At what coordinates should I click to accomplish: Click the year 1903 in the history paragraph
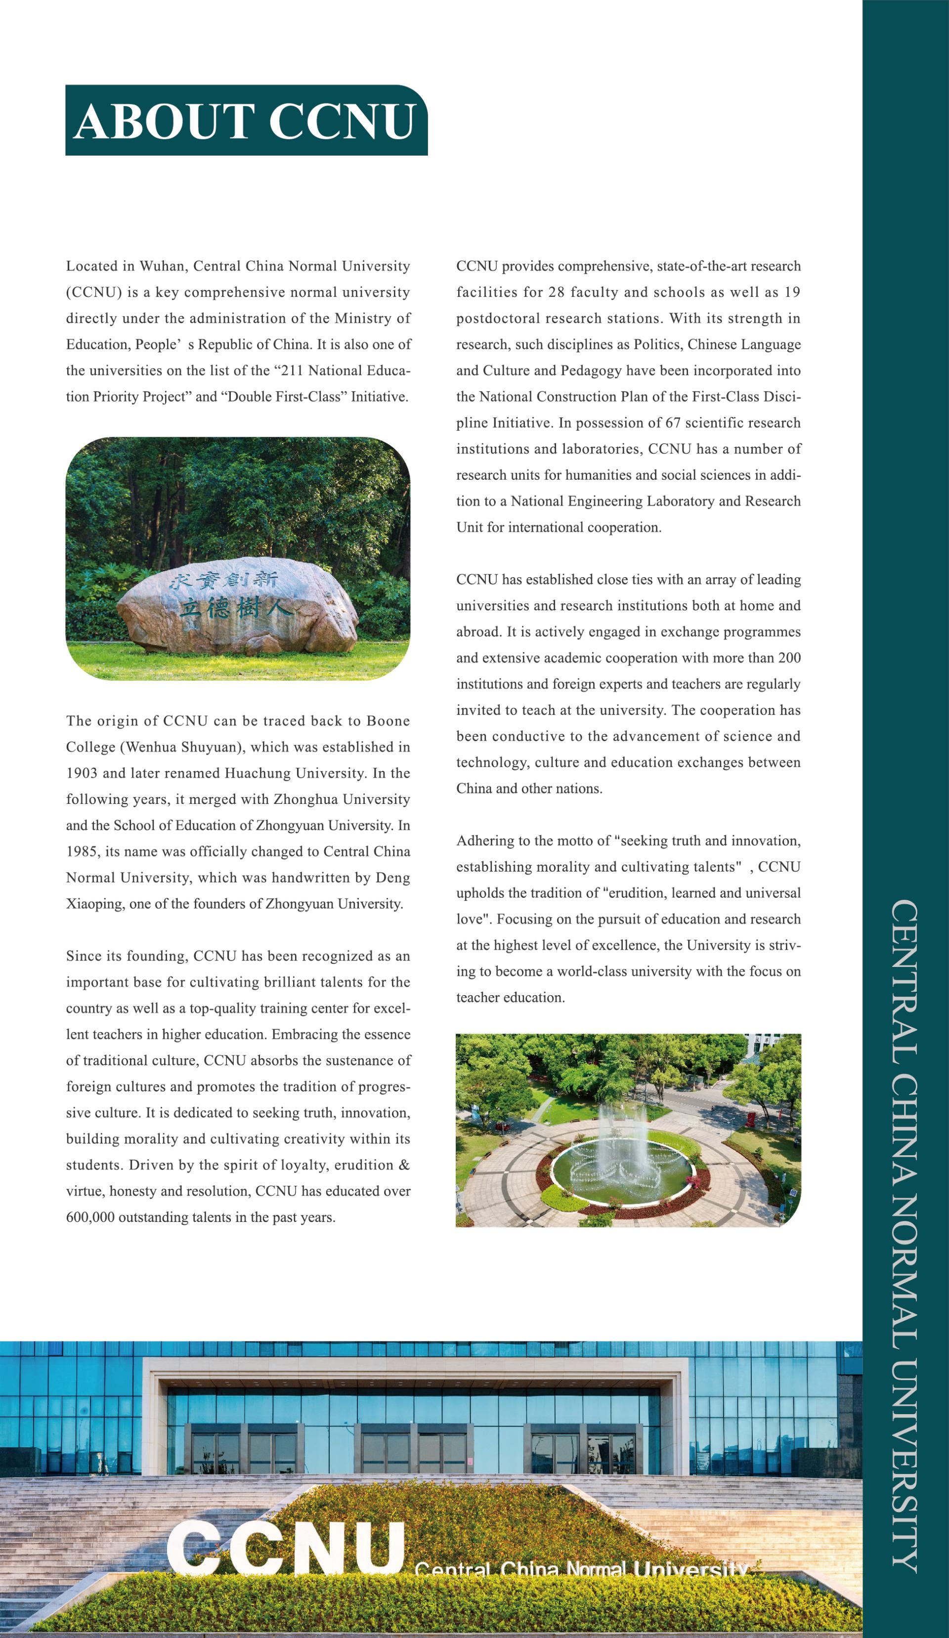click(x=81, y=773)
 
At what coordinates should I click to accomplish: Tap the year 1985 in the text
click(x=81, y=851)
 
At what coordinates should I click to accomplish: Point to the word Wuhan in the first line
click(x=163, y=266)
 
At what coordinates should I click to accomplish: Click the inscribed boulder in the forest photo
click(x=238, y=604)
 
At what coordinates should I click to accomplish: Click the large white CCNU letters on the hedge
click(x=286, y=1548)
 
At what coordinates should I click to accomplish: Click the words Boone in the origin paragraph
click(x=388, y=721)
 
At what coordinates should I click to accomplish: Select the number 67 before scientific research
click(x=673, y=423)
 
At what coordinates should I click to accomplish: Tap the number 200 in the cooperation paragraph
click(x=789, y=658)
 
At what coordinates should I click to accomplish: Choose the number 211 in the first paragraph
click(x=293, y=371)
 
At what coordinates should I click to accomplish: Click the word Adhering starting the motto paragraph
click(x=485, y=841)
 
